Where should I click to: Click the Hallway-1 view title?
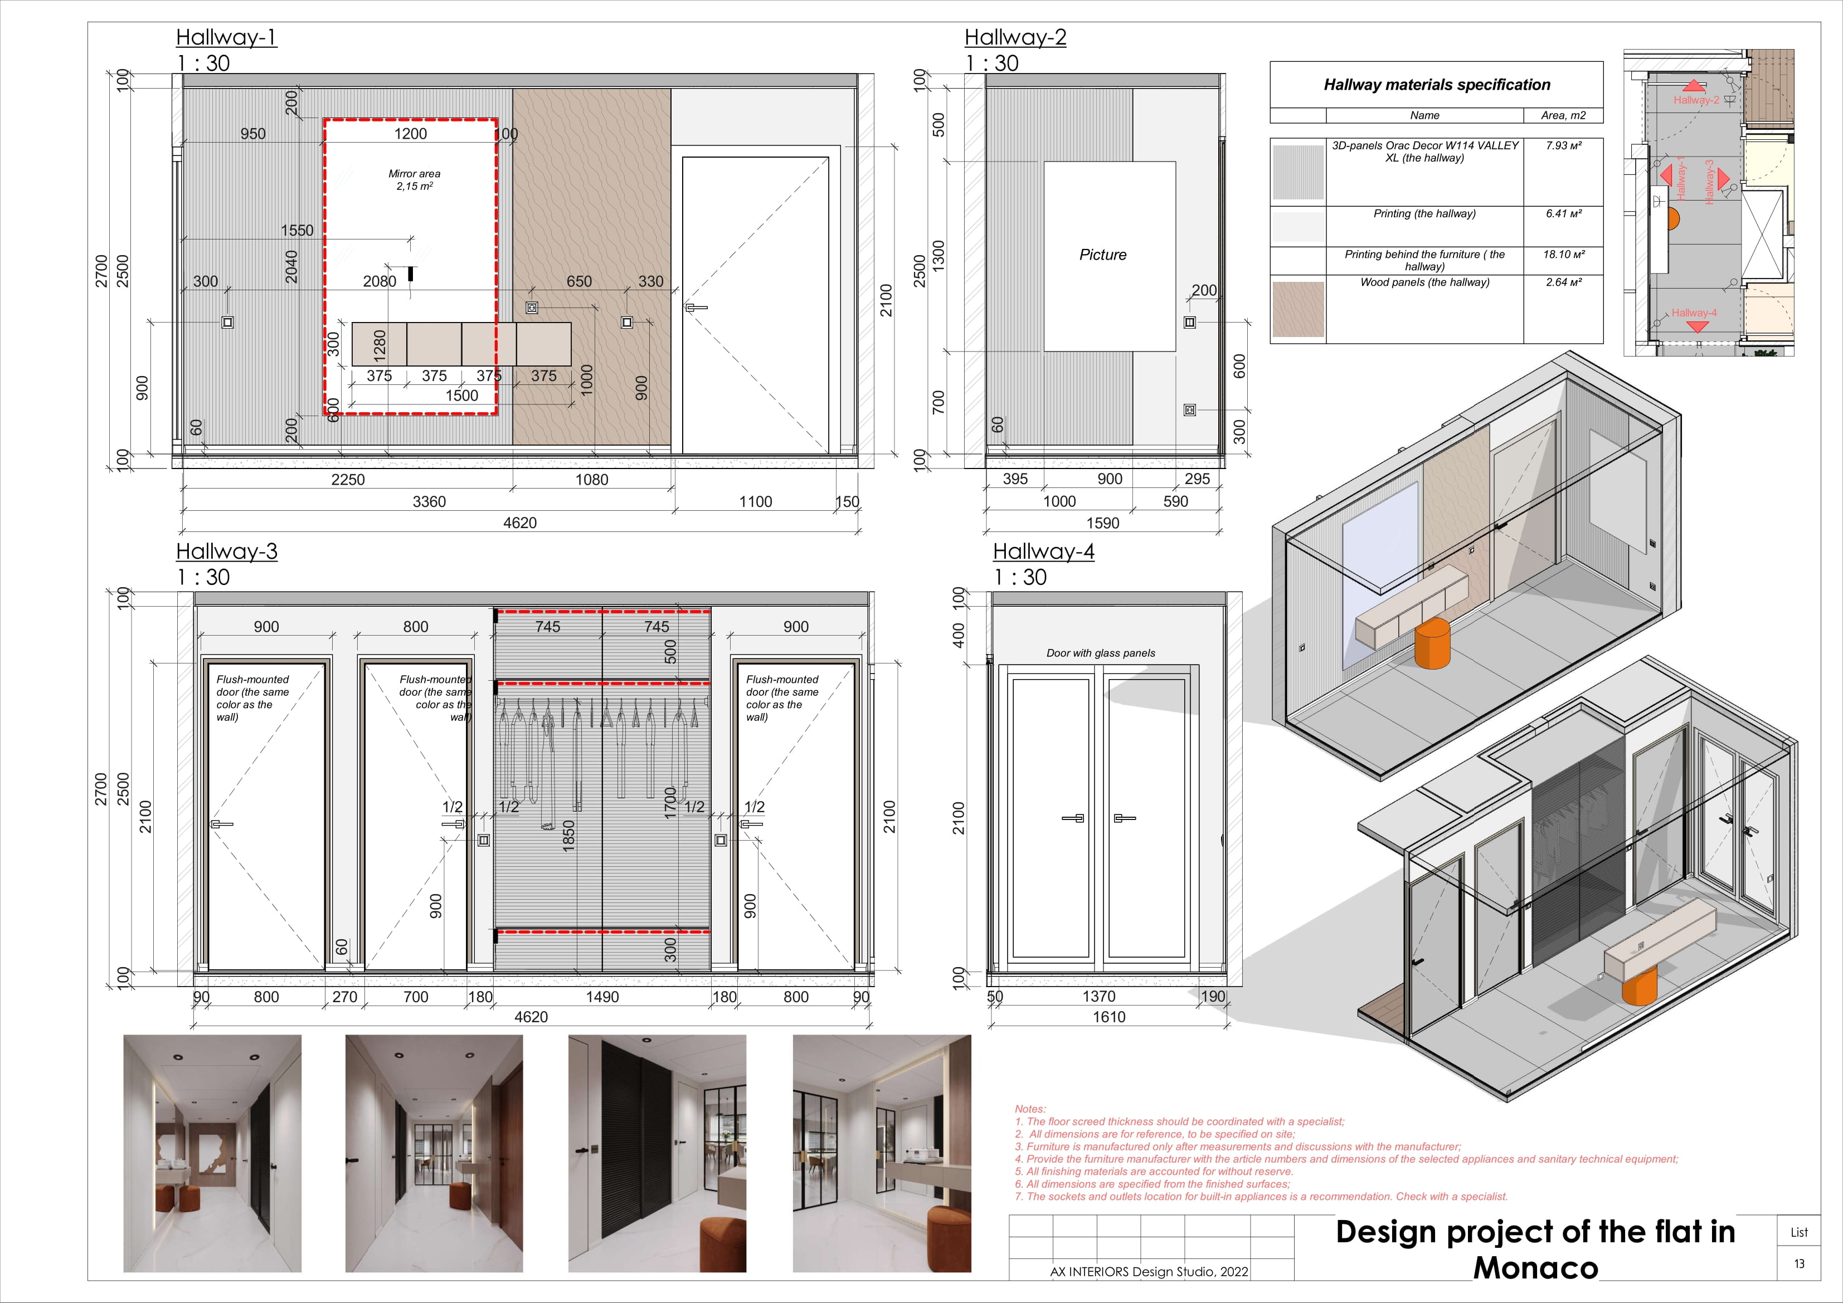[x=226, y=38]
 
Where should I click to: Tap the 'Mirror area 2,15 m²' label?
[x=414, y=180]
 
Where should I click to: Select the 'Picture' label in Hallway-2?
[x=1102, y=255]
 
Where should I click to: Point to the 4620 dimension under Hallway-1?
[x=519, y=523]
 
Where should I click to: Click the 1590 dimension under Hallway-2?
[x=1102, y=523]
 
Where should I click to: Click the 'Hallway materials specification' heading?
[x=1436, y=85]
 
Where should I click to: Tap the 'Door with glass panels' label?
[x=1101, y=653]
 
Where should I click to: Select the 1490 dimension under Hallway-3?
[x=602, y=997]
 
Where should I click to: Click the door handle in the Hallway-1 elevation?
[x=694, y=308]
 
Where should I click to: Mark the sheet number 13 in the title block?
[x=1799, y=1263]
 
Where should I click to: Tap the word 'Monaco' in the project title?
[x=1535, y=1268]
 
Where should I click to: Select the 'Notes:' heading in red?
[x=1030, y=1109]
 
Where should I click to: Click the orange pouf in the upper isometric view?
[x=1432, y=643]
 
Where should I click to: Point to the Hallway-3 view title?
[x=226, y=552]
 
